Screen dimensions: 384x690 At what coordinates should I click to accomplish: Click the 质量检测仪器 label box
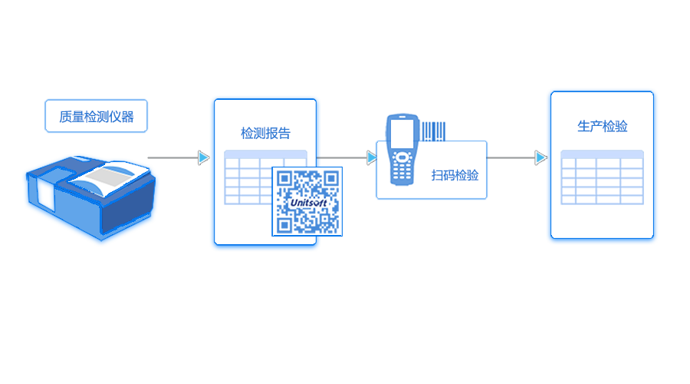tap(96, 117)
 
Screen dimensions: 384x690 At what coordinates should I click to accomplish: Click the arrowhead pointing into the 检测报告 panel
tap(203, 157)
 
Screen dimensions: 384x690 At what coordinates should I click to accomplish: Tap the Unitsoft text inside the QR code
tap(307, 201)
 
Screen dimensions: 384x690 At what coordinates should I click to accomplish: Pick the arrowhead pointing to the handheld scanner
tap(372, 157)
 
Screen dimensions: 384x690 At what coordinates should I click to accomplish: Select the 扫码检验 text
tap(455, 176)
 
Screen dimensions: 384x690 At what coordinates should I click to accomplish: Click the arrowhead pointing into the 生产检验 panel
tap(540, 157)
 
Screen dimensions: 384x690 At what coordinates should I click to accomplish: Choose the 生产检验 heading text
tap(602, 127)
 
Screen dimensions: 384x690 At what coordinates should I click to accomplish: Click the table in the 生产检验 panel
tap(602, 177)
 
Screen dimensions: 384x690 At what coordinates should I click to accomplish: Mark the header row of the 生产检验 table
tap(602, 154)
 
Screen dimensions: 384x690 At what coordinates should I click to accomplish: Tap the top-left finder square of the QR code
tap(284, 178)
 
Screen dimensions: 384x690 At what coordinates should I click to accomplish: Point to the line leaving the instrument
tap(172, 157)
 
